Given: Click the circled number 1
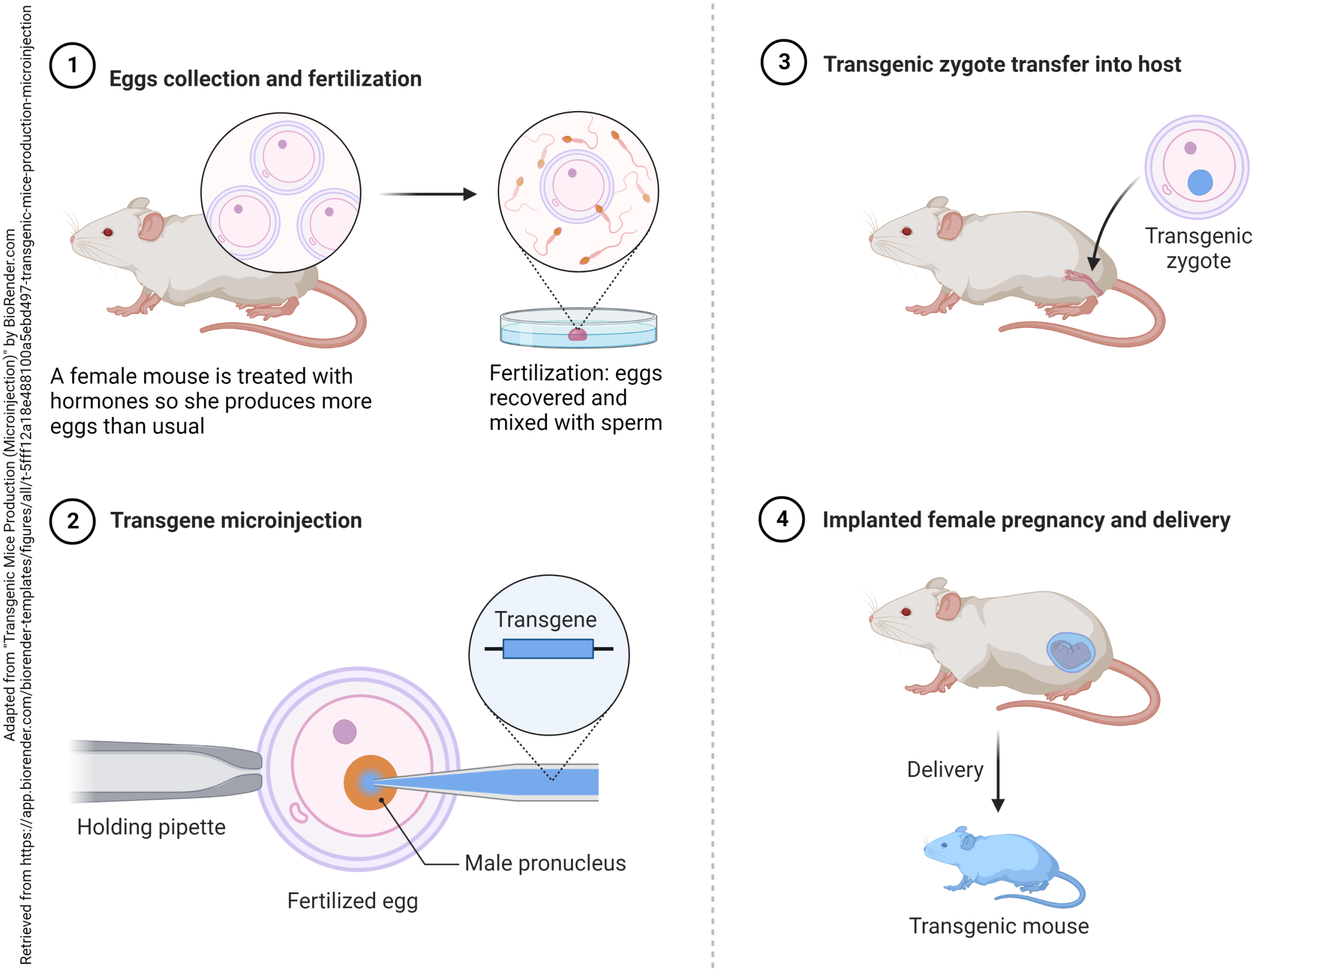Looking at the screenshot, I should (72, 65).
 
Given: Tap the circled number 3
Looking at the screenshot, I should (783, 62).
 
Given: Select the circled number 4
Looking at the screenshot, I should (781, 519).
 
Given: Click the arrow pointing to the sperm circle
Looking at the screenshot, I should (428, 194).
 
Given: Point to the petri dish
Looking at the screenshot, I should (578, 329).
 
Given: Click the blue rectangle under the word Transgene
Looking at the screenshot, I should (547, 649).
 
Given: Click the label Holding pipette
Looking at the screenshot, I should (151, 826).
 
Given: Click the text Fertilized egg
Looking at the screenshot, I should (352, 900).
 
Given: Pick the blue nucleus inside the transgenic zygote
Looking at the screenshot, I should (1200, 182).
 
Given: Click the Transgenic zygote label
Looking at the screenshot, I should (1198, 248).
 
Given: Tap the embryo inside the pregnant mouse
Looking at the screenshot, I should (1071, 652).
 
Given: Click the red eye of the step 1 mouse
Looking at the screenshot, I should (108, 232).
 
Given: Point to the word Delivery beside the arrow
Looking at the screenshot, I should (945, 769).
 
